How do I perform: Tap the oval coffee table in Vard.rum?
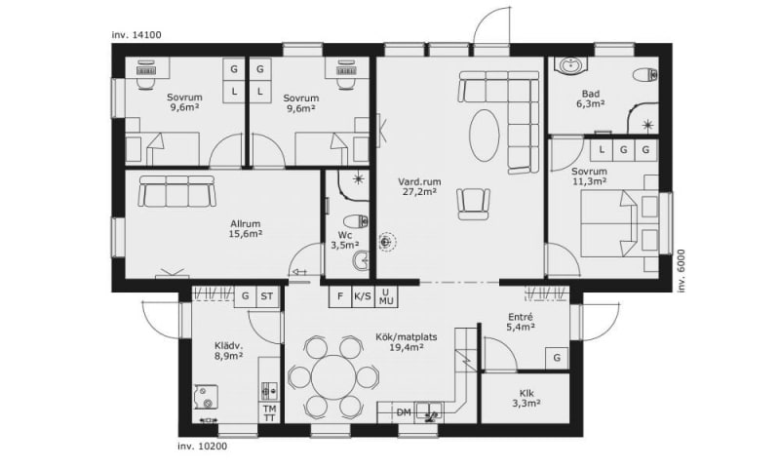coord(485,135)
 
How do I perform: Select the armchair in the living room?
coord(473,204)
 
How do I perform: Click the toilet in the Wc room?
coord(356,220)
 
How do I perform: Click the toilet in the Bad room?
coord(646,76)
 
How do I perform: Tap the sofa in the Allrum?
coord(177,190)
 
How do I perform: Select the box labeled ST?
coord(267,296)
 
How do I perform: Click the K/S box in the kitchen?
coord(363,296)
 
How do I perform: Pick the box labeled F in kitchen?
coord(340,296)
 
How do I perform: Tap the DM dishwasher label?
coord(404,412)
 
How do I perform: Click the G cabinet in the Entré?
coord(557,358)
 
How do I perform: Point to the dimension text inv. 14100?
coord(136,35)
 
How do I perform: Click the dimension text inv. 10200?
coord(203,447)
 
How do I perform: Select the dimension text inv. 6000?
coord(682,270)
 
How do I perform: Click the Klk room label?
coord(526,393)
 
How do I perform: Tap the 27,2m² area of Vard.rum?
coord(420,192)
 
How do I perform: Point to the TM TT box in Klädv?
coord(270,412)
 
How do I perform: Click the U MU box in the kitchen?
coord(386,296)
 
